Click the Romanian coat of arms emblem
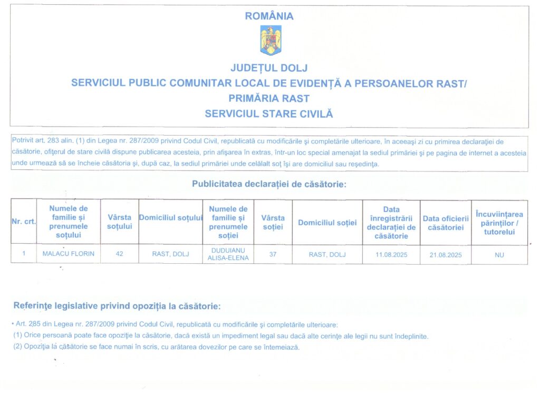(270, 40)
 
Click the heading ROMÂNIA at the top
(269, 16)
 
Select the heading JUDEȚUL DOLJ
(269, 68)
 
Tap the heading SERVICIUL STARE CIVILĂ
(269, 113)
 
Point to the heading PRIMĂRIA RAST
(269, 98)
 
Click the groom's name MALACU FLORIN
(69, 254)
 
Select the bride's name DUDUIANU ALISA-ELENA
(228, 254)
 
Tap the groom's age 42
(120, 254)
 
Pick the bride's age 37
(273, 254)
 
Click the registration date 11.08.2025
(391, 254)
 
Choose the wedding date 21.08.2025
(446, 254)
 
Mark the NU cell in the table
(499, 254)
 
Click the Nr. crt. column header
(23, 222)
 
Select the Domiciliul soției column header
(327, 223)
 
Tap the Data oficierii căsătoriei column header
(446, 223)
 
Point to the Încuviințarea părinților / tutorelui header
(499, 223)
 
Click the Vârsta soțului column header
(120, 222)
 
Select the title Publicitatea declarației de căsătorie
(269, 185)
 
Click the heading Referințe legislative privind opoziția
(117, 306)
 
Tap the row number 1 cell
(24, 254)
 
